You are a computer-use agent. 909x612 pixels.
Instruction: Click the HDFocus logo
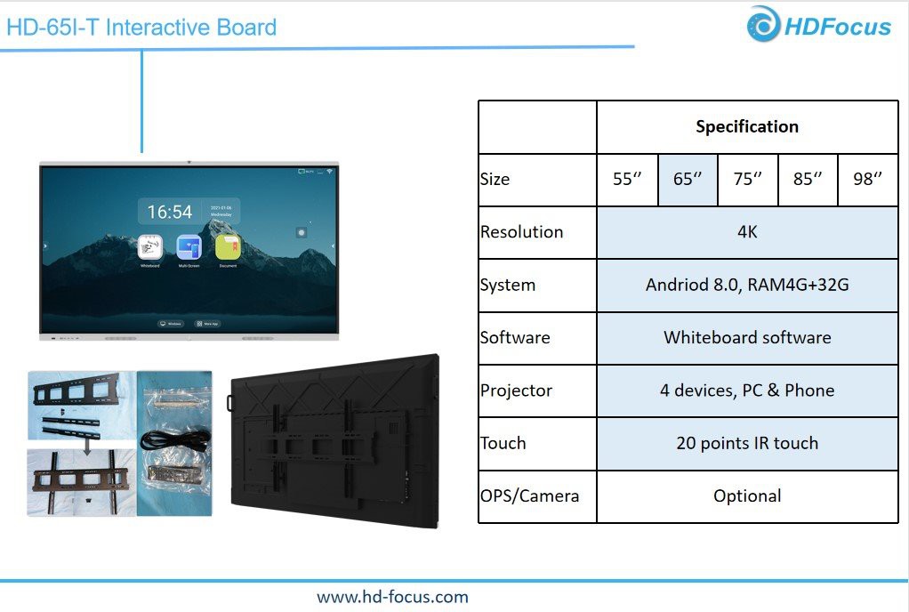coord(819,25)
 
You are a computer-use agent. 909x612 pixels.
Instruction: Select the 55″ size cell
coord(627,179)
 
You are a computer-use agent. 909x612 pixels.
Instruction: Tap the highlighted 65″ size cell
coord(688,179)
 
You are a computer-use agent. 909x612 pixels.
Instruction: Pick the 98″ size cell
coord(868,179)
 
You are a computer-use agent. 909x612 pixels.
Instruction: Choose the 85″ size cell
coord(808,179)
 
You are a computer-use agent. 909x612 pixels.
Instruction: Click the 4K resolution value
coord(747,232)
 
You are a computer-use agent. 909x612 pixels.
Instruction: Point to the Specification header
coord(747,126)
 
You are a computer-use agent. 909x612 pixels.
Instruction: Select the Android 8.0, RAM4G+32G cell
coord(747,285)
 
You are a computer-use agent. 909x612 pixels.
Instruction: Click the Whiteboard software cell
coord(747,337)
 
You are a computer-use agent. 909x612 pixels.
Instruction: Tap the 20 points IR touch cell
coord(747,443)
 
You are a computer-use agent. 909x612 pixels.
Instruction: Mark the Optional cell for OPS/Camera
coord(747,495)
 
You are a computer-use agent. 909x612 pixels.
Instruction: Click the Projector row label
coord(516,391)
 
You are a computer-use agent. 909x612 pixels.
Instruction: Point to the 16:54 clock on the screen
coord(170,213)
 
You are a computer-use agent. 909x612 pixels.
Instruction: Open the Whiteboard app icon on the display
coord(149,247)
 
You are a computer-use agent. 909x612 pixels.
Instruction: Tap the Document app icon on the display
coord(227,247)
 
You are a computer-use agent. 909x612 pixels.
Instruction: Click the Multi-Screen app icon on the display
coord(189,247)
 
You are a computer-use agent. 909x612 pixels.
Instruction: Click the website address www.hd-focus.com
coord(392,597)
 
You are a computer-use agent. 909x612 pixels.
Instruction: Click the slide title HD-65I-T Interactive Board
coord(141,28)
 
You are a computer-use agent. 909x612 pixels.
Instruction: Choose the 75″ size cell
coord(747,179)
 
